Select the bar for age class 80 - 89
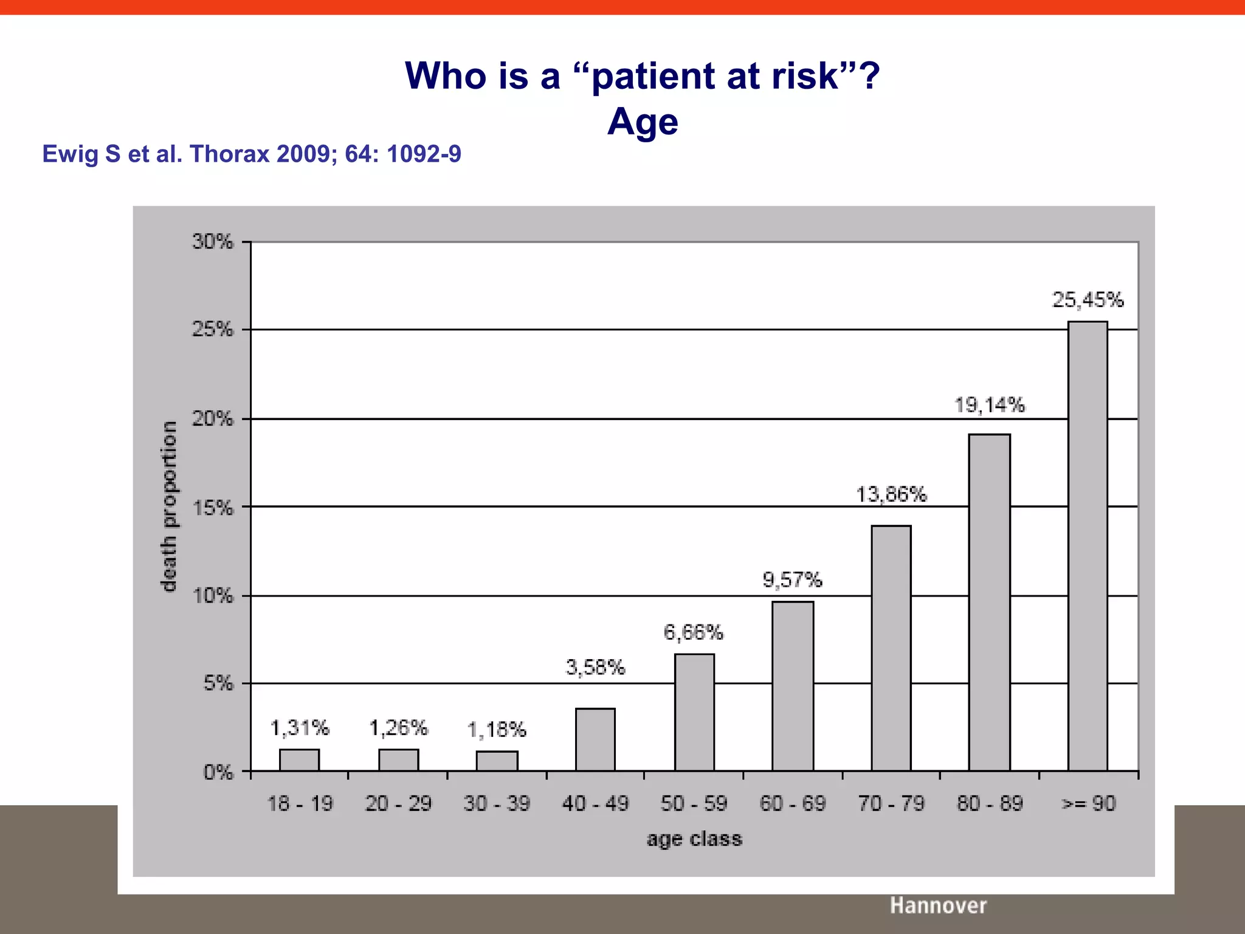click(x=989, y=602)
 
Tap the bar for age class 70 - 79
click(x=891, y=648)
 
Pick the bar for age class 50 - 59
click(x=694, y=712)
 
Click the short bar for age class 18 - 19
click(x=299, y=760)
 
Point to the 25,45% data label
click(x=1088, y=300)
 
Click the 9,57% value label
click(x=792, y=580)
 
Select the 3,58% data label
click(x=595, y=668)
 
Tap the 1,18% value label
click(x=497, y=730)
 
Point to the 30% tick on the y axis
click(x=212, y=242)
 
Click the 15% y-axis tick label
click(x=212, y=508)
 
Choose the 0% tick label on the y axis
click(x=218, y=773)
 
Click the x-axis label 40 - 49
click(x=595, y=804)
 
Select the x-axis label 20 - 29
click(x=398, y=804)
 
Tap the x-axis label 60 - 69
click(x=792, y=804)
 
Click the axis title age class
click(x=694, y=839)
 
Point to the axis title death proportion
click(x=169, y=506)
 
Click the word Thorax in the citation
click(x=230, y=154)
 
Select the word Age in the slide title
click(x=643, y=122)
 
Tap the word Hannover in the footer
click(x=938, y=905)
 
